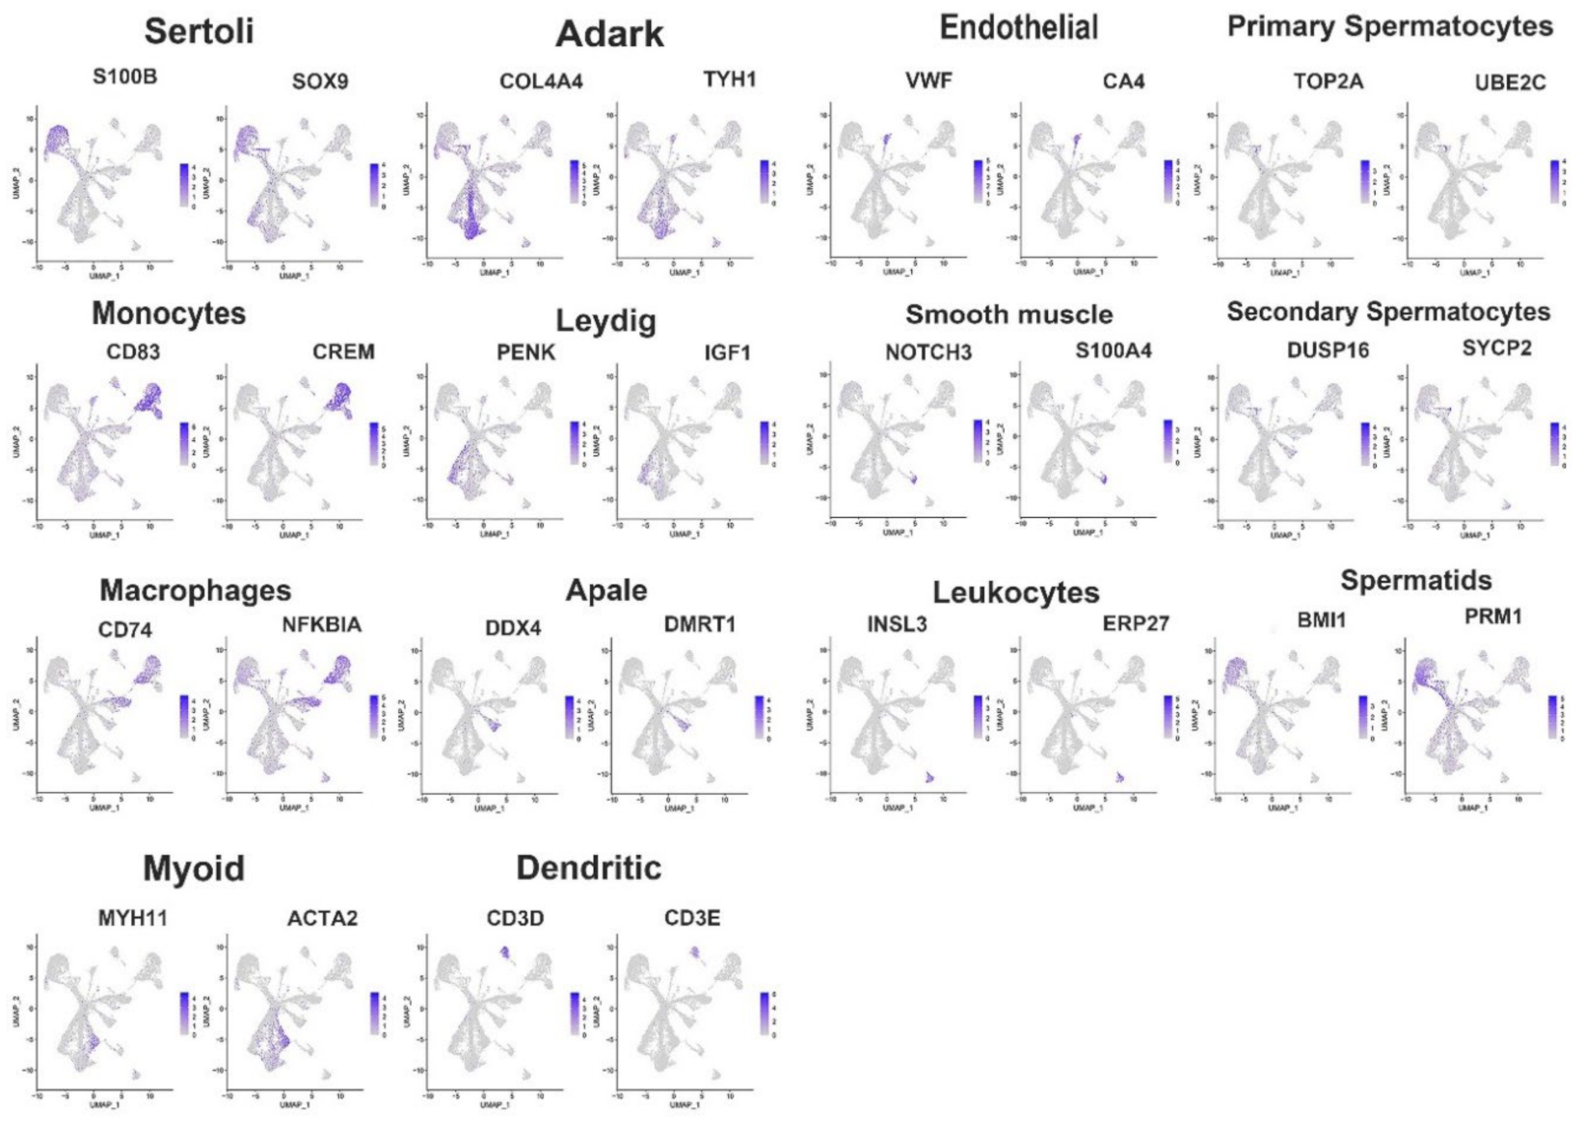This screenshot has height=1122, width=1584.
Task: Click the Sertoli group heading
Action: click(x=199, y=31)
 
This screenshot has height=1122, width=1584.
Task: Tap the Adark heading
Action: click(x=609, y=35)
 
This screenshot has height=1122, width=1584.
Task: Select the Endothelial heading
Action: click(x=1018, y=28)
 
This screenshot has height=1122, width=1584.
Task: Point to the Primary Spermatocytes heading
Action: click(x=1389, y=27)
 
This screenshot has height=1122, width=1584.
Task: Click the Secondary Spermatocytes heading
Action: click(x=1387, y=312)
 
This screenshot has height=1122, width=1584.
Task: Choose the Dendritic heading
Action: click(x=588, y=867)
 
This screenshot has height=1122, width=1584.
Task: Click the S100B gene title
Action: click(x=124, y=76)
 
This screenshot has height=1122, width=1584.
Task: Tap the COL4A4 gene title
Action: click(x=541, y=81)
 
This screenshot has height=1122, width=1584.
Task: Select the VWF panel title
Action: click(x=928, y=81)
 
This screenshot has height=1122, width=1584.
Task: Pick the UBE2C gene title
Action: click(x=1510, y=82)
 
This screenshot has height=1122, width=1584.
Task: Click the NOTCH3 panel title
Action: click(x=927, y=352)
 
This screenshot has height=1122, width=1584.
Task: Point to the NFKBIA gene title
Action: click(x=321, y=625)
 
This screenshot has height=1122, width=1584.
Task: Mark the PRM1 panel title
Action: click(x=1492, y=616)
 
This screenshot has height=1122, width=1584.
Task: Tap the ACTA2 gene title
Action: click(x=322, y=917)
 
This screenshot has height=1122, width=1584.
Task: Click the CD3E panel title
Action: click(x=691, y=917)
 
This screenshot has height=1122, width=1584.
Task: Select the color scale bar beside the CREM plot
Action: click(x=374, y=443)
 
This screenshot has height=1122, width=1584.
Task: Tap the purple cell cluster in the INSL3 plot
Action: click(x=929, y=778)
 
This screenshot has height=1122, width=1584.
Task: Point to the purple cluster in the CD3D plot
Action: click(x=504, y=952)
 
